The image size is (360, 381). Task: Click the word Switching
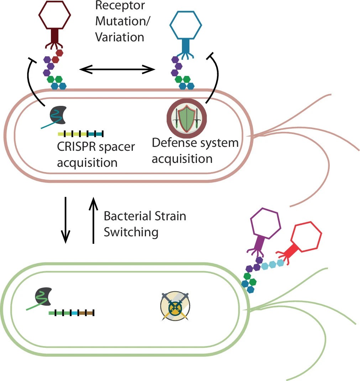coord(131,232)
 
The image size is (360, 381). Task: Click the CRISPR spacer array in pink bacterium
coord(81,134)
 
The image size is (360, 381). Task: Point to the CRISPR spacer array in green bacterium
coord(72,313)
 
